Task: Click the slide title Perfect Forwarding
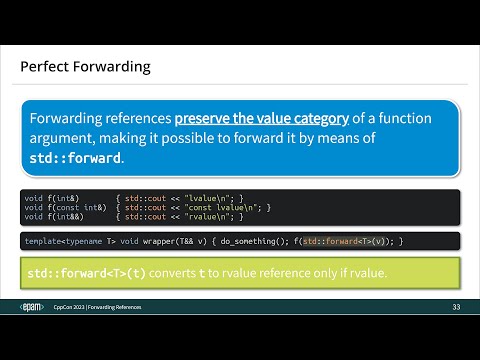85,68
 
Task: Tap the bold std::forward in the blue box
73,158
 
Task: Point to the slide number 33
456,305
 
